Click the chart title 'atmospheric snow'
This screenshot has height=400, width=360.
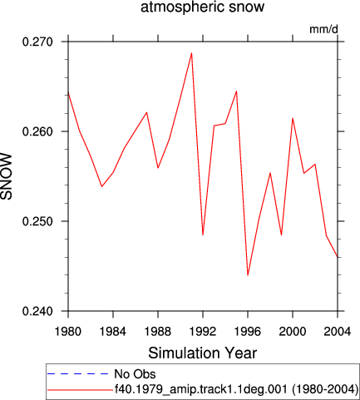(x=202, y=7)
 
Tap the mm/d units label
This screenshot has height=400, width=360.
(x=323, y=29)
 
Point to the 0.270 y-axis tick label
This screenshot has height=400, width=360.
(x=37, y=42)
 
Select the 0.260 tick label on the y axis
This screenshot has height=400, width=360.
(x=37, y=131)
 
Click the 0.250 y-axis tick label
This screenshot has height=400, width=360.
(x=37, y=221)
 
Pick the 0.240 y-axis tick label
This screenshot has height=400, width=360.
(x=37, y=311)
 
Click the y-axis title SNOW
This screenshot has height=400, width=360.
(x=7, y=176)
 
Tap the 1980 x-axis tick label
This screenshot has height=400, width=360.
(x=68, y=331)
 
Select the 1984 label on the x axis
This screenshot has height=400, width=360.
(x=113, y=331)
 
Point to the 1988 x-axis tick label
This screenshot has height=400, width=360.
(x=158, y=331)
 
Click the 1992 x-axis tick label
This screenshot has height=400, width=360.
(x=203, y=331)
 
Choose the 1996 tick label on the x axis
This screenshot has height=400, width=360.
(x=248, y=331)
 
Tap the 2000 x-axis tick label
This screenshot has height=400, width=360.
(x=293, y=331)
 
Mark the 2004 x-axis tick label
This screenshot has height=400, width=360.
(x=338, y=331)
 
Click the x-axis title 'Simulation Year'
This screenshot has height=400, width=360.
(x=203, y=353)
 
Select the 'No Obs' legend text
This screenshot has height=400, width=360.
(x=135, y=374)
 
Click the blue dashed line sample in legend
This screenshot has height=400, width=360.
(x=78, y=374)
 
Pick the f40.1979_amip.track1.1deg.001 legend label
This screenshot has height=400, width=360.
(x=202, y=389)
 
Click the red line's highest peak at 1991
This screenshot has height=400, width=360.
(x=191, y=53)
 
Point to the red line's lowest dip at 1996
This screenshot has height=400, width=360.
(x=248, y=275)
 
